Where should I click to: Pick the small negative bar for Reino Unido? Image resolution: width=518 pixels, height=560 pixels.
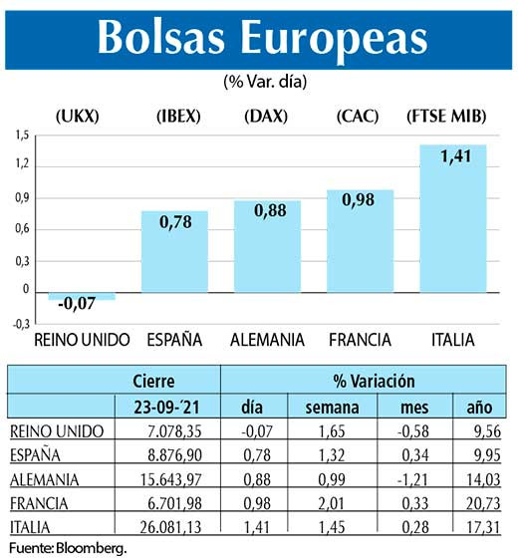tap(82, 294)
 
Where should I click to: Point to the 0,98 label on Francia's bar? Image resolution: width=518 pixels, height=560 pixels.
tap(360, 200)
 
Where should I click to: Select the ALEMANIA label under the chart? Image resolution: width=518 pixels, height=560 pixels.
tap(267, 340)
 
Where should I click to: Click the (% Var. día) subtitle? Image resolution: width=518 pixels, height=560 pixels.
tap(258, 81)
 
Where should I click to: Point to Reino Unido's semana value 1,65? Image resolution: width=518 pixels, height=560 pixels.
tap(325, 431)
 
